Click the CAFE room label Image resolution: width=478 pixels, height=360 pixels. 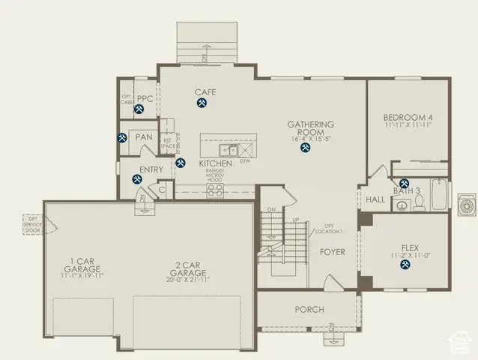pos(205,92)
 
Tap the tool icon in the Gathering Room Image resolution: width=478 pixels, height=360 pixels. pos(305,148)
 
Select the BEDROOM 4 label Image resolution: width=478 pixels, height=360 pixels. pos(408,117)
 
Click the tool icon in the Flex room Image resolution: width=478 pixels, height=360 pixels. pos(410,273)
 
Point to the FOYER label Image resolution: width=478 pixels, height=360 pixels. pos(333,252)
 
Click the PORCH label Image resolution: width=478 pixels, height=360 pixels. pos(309,309)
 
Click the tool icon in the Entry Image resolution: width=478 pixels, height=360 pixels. pos(137,179)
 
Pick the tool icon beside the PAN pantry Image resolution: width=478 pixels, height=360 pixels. pos(122,138)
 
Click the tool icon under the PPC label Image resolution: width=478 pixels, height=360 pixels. pos(139,109)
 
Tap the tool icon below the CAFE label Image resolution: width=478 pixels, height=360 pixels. pos(203,105)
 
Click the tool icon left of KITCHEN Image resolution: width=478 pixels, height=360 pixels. pos(180,163)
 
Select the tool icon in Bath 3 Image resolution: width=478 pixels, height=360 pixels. pos(405,183)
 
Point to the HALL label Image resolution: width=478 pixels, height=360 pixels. pos(375,199)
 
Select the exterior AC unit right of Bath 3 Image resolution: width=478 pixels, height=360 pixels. pos(466,202)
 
